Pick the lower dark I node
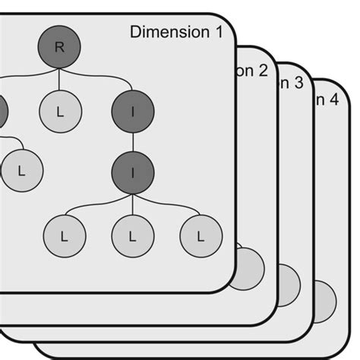(133, 172)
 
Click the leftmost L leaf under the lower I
(65, 236)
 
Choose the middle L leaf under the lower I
(133, 236)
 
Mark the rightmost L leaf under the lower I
(201, 236)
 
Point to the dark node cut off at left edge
(2, 113)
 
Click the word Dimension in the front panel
(167, 32)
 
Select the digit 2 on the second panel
(262, 71)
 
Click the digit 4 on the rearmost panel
(333, 99)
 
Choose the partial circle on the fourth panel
(325, 298)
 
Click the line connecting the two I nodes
(133, 142)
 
